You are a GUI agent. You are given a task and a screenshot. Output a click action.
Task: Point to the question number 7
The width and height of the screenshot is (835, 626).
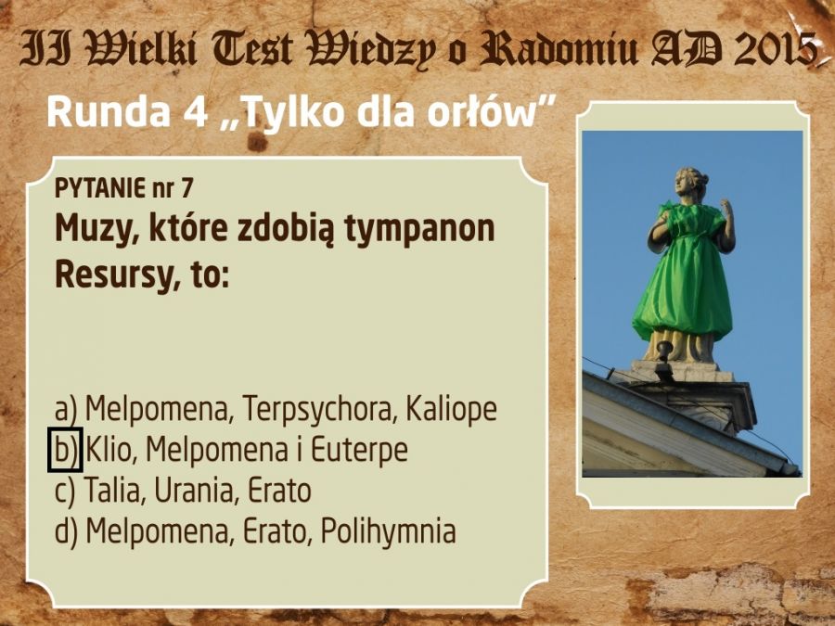click(186, 188)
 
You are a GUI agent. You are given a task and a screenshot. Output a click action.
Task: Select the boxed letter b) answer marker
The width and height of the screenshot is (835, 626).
click(65, 450)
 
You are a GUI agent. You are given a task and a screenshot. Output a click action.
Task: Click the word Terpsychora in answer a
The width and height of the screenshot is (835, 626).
click(319, 410)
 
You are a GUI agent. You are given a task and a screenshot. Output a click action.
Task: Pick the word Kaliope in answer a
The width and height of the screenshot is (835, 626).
click(451, 410)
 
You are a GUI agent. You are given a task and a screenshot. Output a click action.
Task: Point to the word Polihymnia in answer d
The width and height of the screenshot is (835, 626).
click(388, 531)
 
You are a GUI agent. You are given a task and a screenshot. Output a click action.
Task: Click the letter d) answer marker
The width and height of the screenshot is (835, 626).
click(66, 531)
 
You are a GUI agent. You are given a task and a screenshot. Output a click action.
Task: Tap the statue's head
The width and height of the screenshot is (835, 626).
click(690, 185)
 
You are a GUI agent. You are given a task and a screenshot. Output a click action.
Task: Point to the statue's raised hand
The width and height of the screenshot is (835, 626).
click(726, 209)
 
